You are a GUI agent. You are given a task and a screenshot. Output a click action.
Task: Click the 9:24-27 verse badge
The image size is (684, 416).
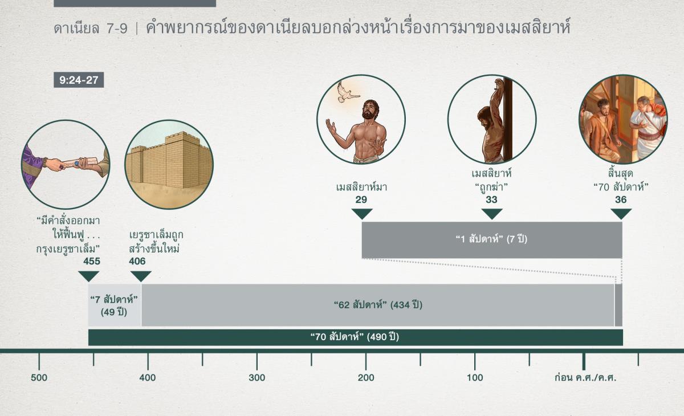pos(79,80)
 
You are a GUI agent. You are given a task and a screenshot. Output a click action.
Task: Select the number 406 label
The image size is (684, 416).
pos(137,262)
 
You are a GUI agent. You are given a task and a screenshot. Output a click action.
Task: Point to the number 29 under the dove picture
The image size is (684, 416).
pos(361,200)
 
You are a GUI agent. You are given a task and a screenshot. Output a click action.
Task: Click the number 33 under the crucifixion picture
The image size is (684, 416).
pos(491,200)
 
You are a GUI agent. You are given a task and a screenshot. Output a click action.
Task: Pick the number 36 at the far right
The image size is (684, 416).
pos(621,200)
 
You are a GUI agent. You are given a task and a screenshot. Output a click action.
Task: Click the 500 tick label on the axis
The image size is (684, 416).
pos(39,378)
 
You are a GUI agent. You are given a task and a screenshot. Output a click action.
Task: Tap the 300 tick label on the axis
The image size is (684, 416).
pos(256,378)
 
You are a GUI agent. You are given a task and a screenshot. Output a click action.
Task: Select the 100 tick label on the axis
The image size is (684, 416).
pos(475,378)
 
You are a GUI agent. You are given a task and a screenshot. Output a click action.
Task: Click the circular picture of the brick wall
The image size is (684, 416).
pos(169,164)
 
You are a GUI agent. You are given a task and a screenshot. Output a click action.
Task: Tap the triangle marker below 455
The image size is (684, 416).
pos(88,276)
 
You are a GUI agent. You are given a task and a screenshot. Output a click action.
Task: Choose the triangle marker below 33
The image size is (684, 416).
pos(491,214)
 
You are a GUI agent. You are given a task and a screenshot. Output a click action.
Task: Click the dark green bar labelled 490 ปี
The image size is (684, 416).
pos(355,337)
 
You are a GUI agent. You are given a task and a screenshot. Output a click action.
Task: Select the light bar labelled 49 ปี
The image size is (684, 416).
pos(115,305)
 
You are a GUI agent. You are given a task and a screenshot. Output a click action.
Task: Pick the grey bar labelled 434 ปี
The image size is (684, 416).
pos(377,305)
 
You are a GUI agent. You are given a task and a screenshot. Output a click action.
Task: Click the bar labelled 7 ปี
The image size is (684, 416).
pos(491,239)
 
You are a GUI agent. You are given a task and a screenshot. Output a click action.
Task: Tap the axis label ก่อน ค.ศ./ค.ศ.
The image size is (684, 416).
pos(585,378)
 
